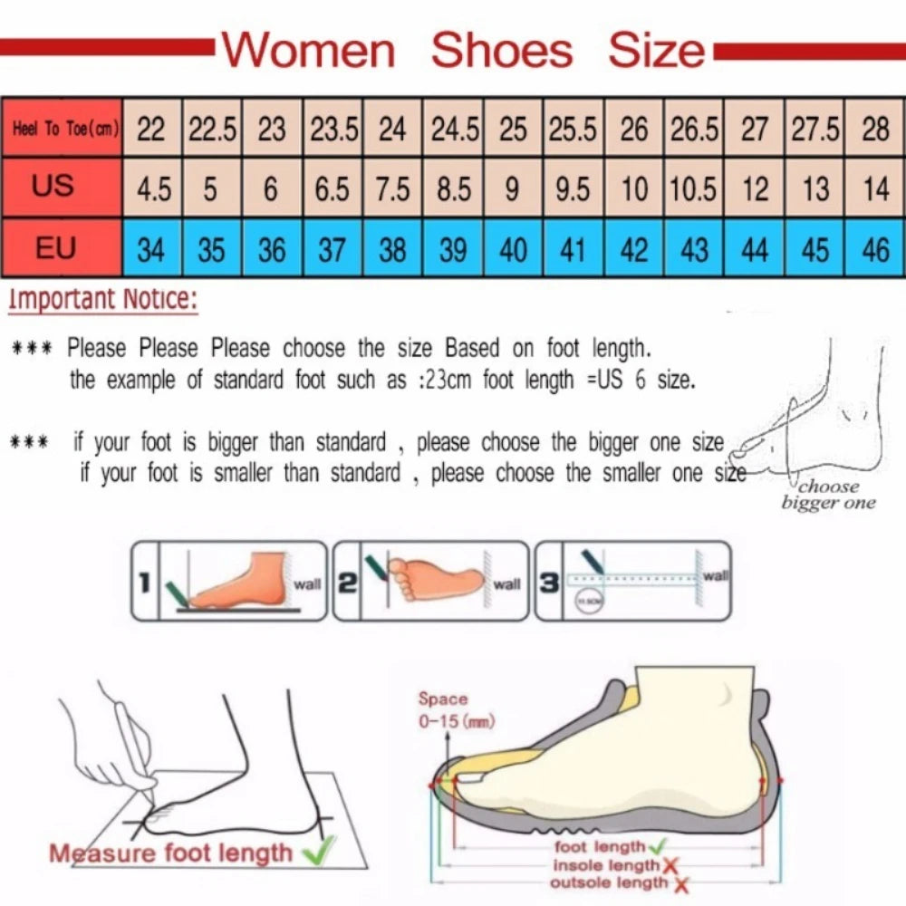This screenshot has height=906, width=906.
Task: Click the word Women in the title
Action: pos(309,50)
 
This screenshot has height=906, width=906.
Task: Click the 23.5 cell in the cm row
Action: pos(333,130)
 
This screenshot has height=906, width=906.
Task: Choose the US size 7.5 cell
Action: pos(392,189)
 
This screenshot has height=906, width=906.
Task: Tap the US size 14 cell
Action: pos(875,189)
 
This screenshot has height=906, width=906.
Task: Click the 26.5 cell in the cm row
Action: pos(694,130)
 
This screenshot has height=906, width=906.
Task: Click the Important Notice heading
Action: pos(102,299)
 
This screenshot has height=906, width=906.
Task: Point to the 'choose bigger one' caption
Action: pos(828,495)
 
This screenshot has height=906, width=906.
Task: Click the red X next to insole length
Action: pos(671,867)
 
